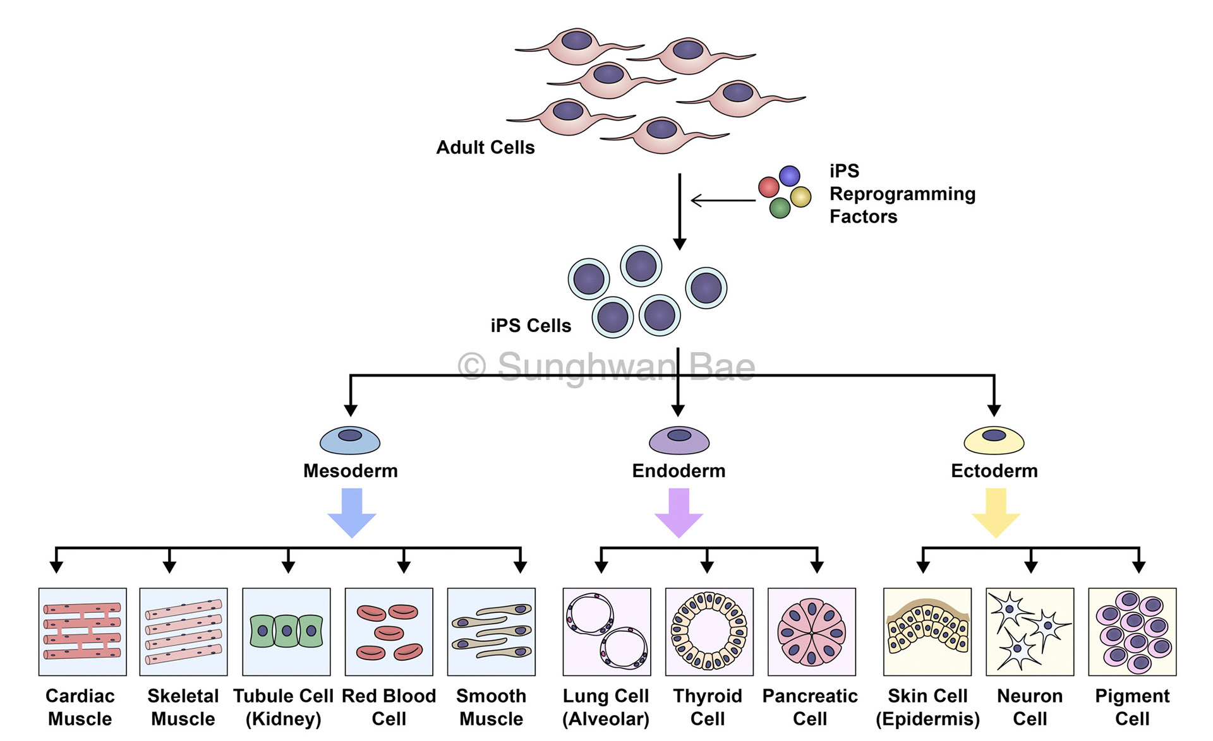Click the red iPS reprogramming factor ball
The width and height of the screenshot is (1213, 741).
[x=768, y=187]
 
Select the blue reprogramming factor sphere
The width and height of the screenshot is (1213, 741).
[x=790, y=175]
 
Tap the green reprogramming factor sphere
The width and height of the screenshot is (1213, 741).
[x=780, y=208]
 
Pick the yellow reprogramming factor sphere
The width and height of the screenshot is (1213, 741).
[x=800, y=197]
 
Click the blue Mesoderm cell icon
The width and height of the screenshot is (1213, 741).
[x=350, y=440]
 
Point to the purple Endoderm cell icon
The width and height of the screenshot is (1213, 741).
[x=679, y=440]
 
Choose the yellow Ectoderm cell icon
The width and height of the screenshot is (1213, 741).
[x=994, y=440]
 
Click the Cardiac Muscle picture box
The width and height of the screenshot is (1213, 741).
[x=83, y=632]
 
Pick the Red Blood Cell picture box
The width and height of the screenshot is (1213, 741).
[x=389, y=632]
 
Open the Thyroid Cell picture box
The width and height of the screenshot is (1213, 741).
[x=709, y=632]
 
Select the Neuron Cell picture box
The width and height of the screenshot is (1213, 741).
[x=1030, y=632]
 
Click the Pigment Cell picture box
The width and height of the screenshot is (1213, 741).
[x=1132, y=632]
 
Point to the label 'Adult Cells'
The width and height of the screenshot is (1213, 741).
[x=485, y=148]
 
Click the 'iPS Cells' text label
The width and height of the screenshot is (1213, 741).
[x=531, y=326]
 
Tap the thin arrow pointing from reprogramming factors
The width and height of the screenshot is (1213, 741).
[x=723, y=201]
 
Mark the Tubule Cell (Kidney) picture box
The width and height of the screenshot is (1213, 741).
[x=286, y=632]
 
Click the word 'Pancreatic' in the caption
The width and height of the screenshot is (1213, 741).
[x=810, y=696]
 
